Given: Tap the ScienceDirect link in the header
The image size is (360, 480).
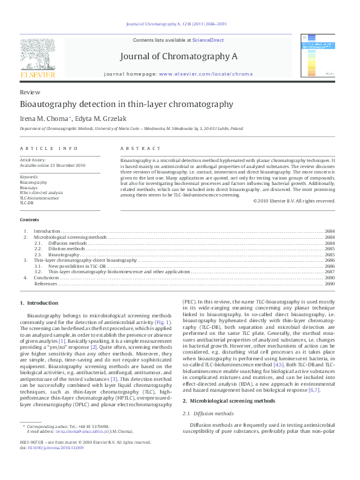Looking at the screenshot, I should click(x=208, y=40).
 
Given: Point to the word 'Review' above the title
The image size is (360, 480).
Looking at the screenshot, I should click(x=30, y=92).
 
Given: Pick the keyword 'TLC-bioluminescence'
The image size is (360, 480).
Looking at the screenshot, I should click(x=39, y=198).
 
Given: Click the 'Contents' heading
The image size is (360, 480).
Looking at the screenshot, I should click(x=30, y=219).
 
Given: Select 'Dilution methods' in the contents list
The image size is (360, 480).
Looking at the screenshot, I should click(x=67, y=248).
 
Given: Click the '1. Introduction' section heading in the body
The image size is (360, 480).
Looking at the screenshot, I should click(x=39, y=302).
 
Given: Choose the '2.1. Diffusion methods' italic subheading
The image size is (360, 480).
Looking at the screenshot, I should click(x=208, y=412).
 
